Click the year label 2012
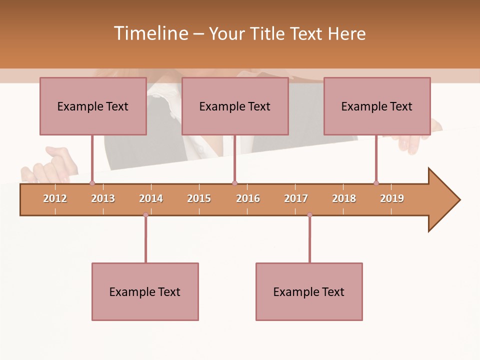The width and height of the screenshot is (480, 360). click(x=55, y=198)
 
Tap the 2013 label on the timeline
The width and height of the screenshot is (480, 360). click(x=103, y=198)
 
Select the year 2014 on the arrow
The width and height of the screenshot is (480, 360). click(x=151, y=198)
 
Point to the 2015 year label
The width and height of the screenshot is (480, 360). click(x=199, y=198)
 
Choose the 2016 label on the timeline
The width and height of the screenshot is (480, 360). click(x=248, y=198)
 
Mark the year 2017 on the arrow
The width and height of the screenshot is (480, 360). click(x=296, y=198)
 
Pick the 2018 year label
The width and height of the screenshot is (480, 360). click(x=344, y=198)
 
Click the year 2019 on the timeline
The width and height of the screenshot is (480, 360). click(x=392, y=198)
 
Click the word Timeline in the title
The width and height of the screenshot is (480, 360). click(x=150, y=33)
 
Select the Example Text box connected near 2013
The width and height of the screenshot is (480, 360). click(x=93, y=106)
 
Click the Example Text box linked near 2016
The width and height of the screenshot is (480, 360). click(x=235, y=106)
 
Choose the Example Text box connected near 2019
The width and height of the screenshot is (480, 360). click(x=377, y=106)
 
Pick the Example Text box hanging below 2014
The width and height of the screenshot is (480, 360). click(x=145, y=291)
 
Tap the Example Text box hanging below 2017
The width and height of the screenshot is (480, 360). click(x=309, y=291)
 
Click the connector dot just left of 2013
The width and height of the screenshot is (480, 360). click(x=92, y=183)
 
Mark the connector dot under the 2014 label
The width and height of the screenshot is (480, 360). click(x=145, y=215)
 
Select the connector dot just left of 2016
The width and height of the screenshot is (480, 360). click(x=234, y=183)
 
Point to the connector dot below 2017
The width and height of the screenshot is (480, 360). click(x=309, y=215)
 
